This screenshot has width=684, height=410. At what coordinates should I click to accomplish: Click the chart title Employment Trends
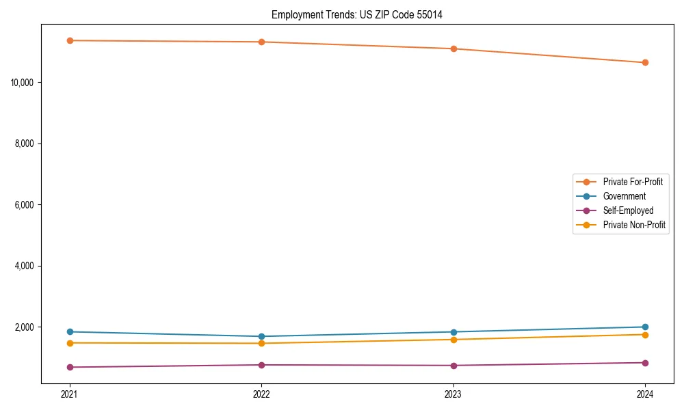coord(356,14)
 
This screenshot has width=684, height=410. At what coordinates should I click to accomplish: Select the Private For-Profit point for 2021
coord(70,40)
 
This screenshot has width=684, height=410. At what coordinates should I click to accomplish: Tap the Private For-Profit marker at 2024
coord(645,63)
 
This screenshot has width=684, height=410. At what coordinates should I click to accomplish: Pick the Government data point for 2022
coord(261,336)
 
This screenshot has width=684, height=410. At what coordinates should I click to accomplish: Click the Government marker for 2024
coord(645,327)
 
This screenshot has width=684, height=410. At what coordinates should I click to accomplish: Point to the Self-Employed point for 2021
coord(70,367)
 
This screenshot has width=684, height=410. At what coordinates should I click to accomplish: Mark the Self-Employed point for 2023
coord(453,366)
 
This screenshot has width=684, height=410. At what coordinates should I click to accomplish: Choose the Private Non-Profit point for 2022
coord(261,343)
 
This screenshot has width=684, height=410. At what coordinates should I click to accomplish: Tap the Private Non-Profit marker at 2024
coord(645,334)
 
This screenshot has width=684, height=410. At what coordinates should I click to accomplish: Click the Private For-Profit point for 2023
coord(453,49)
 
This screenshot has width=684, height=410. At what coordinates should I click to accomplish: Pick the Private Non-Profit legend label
coord(634,225)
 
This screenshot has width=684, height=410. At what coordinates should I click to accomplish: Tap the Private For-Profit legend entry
coord(633,182)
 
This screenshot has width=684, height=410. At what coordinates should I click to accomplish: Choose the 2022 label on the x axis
coord(261,394)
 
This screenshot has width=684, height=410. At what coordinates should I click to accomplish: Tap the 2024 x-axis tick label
coord(645,394)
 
